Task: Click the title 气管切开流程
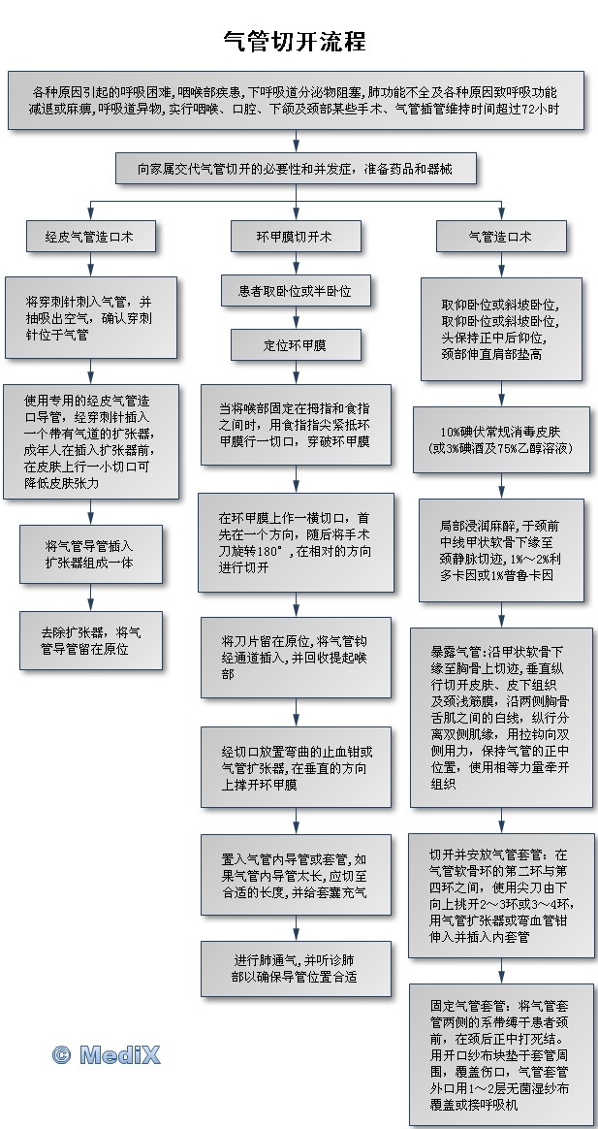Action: point(295,41)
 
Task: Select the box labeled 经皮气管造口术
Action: point(90,236)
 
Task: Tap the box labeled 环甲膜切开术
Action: point(295,236)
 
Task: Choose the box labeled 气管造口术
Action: point(501,236)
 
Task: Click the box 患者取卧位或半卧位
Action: point(295,291)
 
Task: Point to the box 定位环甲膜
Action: point(295,345)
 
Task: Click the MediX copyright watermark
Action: point(106,1055)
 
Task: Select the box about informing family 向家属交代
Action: point(295,170)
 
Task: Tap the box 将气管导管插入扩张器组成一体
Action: point(90,554)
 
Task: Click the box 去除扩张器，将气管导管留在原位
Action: point(90,640)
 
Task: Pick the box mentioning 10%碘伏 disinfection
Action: point(501,439)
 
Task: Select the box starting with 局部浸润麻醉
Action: point(501,550)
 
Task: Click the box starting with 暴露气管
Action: point(501,717)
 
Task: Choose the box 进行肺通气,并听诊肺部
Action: point(295,968)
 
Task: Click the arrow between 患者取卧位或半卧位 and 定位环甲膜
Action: point(295,318)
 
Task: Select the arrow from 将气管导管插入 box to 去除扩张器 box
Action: point(90,597)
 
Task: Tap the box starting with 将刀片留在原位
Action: point(295,658)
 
